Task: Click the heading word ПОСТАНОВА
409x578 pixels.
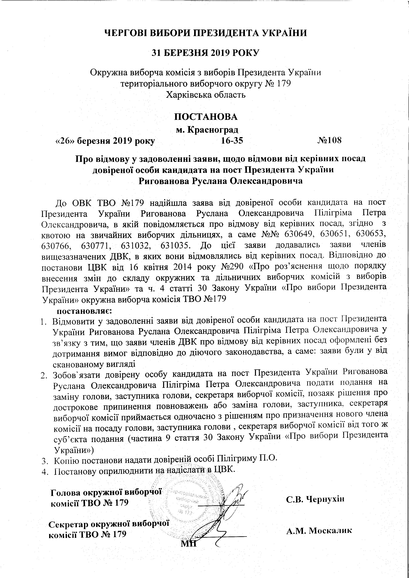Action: (206, 117)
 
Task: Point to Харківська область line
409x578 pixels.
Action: (206, 95)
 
